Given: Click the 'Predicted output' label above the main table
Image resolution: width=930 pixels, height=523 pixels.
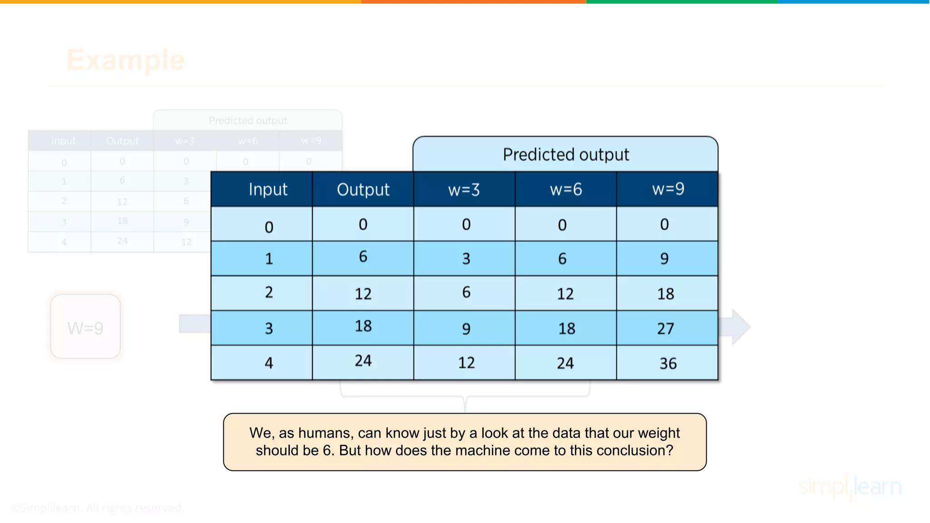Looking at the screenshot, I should click(565, 155).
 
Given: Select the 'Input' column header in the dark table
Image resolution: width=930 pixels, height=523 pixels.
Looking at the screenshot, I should click(268, 189).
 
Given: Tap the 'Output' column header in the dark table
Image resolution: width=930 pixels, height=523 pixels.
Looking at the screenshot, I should click(363, 189).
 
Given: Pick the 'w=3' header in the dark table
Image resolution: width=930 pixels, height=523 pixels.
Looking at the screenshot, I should click(464, 189).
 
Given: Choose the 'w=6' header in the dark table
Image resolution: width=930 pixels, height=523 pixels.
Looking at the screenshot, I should click(565, 189).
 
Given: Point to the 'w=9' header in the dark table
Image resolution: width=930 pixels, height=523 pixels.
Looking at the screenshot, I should click(668, 189).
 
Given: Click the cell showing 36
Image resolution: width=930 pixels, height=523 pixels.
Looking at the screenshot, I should click(668, 363).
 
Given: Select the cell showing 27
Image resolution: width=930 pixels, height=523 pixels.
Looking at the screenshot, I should click(666, 328).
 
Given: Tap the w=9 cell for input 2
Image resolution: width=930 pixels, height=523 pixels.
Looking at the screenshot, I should click(666, 294).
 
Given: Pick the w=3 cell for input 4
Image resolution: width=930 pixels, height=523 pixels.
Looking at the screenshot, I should click(466, 363).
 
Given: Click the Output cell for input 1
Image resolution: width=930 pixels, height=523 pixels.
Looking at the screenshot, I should click(363, 257).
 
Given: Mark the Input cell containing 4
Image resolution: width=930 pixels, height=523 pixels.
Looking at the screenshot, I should click(269, 363).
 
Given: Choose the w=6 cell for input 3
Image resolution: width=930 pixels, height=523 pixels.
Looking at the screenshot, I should click(566, 328).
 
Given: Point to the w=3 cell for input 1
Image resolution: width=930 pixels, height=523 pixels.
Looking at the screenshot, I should click(466, 259).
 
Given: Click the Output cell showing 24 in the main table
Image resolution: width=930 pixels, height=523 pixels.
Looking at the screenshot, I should click(363, 361).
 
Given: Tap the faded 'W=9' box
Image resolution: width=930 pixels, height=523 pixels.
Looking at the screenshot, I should click(85, 327).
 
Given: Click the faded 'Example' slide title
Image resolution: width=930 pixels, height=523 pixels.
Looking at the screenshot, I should click(125, 60).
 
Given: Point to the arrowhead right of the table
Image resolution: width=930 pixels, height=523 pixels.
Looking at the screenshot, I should click(741, 327).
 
